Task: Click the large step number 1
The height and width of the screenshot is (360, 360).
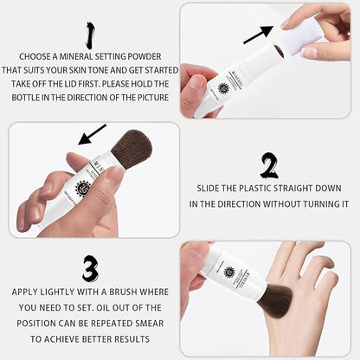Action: click(91, 35)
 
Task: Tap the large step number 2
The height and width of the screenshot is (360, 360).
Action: click(269, 165)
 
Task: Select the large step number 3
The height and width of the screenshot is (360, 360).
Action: click(90, 268)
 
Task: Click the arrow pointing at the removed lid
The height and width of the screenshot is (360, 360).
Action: click(258, 35)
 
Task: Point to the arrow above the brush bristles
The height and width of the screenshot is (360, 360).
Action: click(92, 134)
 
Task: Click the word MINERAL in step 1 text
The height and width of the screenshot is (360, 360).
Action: click(76, 56)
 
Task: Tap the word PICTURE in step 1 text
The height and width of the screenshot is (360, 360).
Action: click(153, 98)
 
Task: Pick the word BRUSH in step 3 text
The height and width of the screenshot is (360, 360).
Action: click(123, 292)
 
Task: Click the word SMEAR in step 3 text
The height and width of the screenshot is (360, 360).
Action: click(150, 324)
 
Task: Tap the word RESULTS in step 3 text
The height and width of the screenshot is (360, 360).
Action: click(132, 339)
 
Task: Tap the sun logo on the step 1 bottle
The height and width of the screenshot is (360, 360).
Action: click(223, 88)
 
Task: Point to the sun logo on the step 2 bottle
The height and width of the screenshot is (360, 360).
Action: click(83, 188)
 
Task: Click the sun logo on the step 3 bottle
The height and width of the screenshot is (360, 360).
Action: click(229, 272)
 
